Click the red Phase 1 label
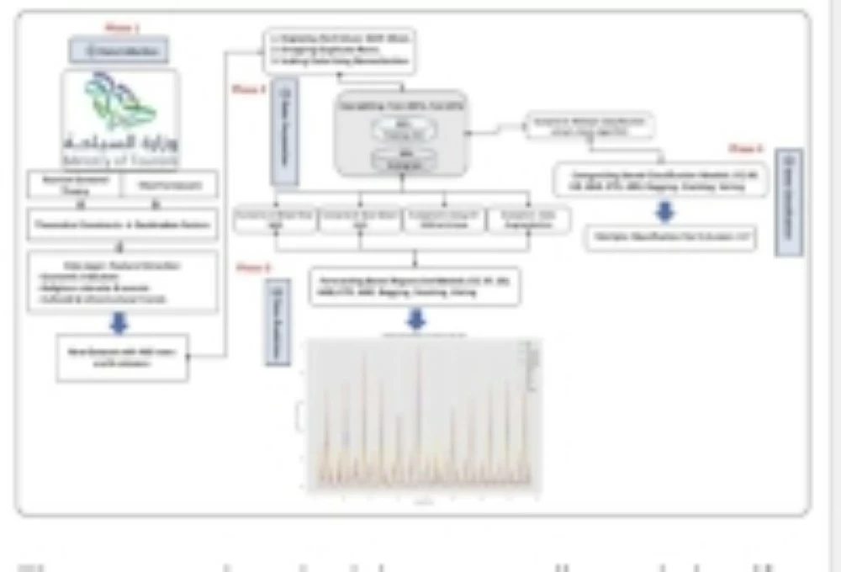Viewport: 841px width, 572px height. (x=121, y=29)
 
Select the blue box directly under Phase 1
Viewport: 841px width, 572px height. (x=119, y=51)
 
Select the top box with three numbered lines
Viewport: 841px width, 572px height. (x=338, y=50)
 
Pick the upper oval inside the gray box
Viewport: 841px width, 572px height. (x=402, y=126)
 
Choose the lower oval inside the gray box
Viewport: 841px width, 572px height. (x=402, y=157)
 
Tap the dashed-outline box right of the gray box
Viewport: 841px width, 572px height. (x=589, y=125)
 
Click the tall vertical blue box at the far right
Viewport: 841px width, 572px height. (x=789, y=202)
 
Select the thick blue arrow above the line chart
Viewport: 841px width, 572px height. (x=415, y=320)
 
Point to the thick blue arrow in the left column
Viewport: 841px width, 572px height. (x=119, y=324)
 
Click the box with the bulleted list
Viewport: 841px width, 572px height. (x=123, y=281)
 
